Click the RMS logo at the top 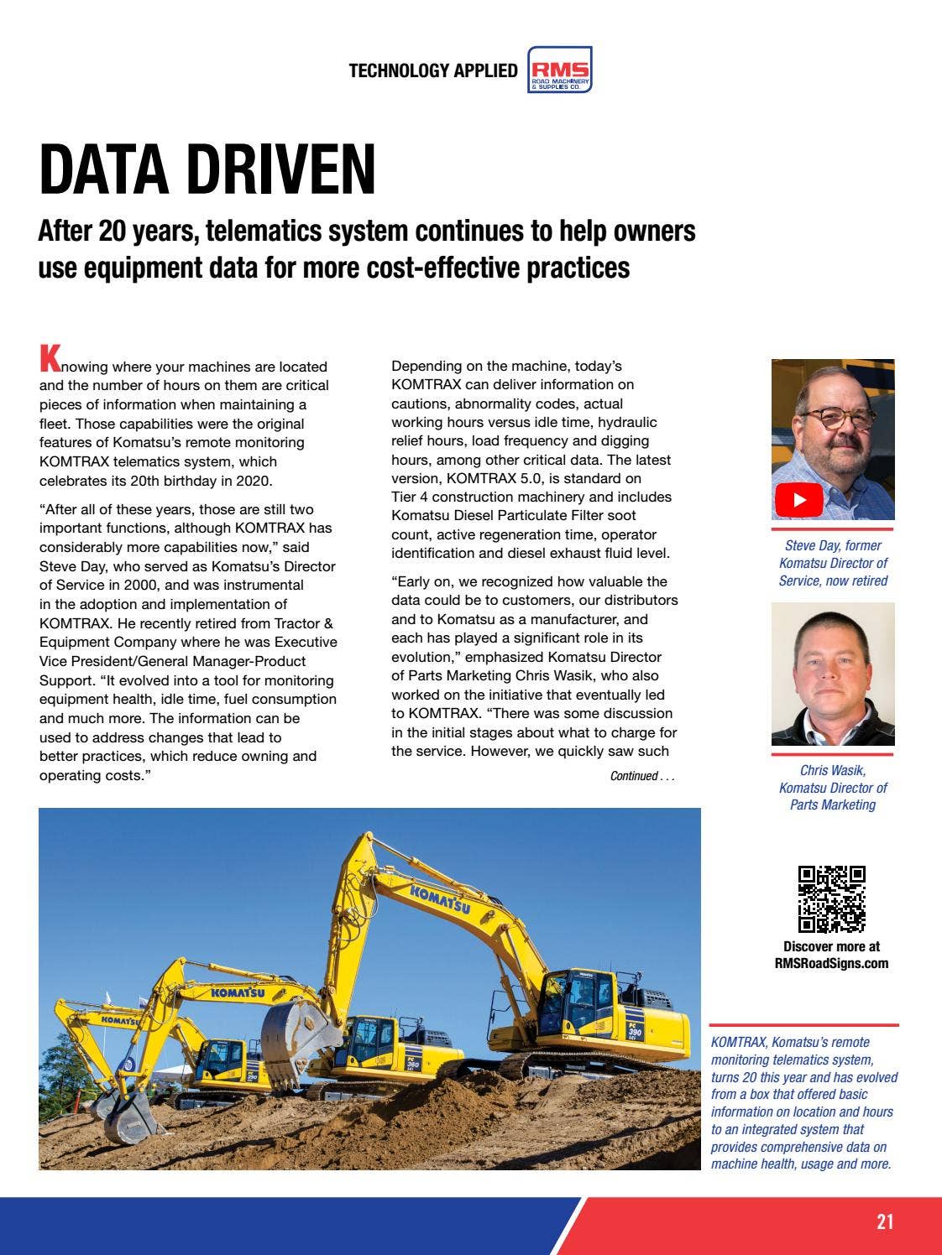(x=560, y=70)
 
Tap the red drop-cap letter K (x=50, y=357)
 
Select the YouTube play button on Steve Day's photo (x=798, y=501)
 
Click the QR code (x=830, y=898)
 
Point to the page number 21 (x=885, y=1221)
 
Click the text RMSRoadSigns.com (x=830, y=963)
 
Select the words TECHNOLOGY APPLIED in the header (x=433, y=70)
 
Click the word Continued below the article (x=634, y=776)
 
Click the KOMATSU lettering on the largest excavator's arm (x=439, y=901)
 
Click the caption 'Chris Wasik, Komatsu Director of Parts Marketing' (x=832, y=788)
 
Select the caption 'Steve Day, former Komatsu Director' (x=832, y=563)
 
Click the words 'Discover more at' (x=830, y=946)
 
